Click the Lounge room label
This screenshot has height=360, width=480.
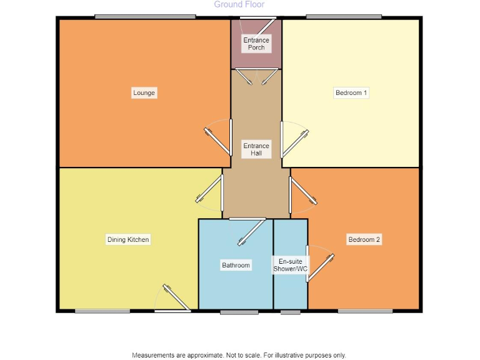pyautogui.click(x=144, y=93)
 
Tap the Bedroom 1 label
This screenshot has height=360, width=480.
pyautogui.click(x=352, y=93)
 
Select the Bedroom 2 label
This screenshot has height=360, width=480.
pyautogui.click(x=364, y=240)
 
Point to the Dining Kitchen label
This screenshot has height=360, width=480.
pyautogui.click(x=127, y=240)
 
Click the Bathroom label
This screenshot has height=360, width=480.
pyautogui.click(x=236, y=266)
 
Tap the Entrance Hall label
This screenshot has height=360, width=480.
pyautogui.click(x=256, y=149)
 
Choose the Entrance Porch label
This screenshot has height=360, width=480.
pyautogui.click(x=256, y=44)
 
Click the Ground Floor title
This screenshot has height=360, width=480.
pyautogui.click(x=239, y=4)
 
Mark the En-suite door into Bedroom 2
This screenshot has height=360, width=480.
pyautogui.click(x=319, y=266)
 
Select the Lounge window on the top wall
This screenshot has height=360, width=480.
pyautogui.click(x=145, y=17)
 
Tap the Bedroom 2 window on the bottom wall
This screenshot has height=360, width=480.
pyautogui.click(x=365, y=311)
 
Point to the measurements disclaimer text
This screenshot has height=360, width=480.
pyautogui.click(x=239, y=355)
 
